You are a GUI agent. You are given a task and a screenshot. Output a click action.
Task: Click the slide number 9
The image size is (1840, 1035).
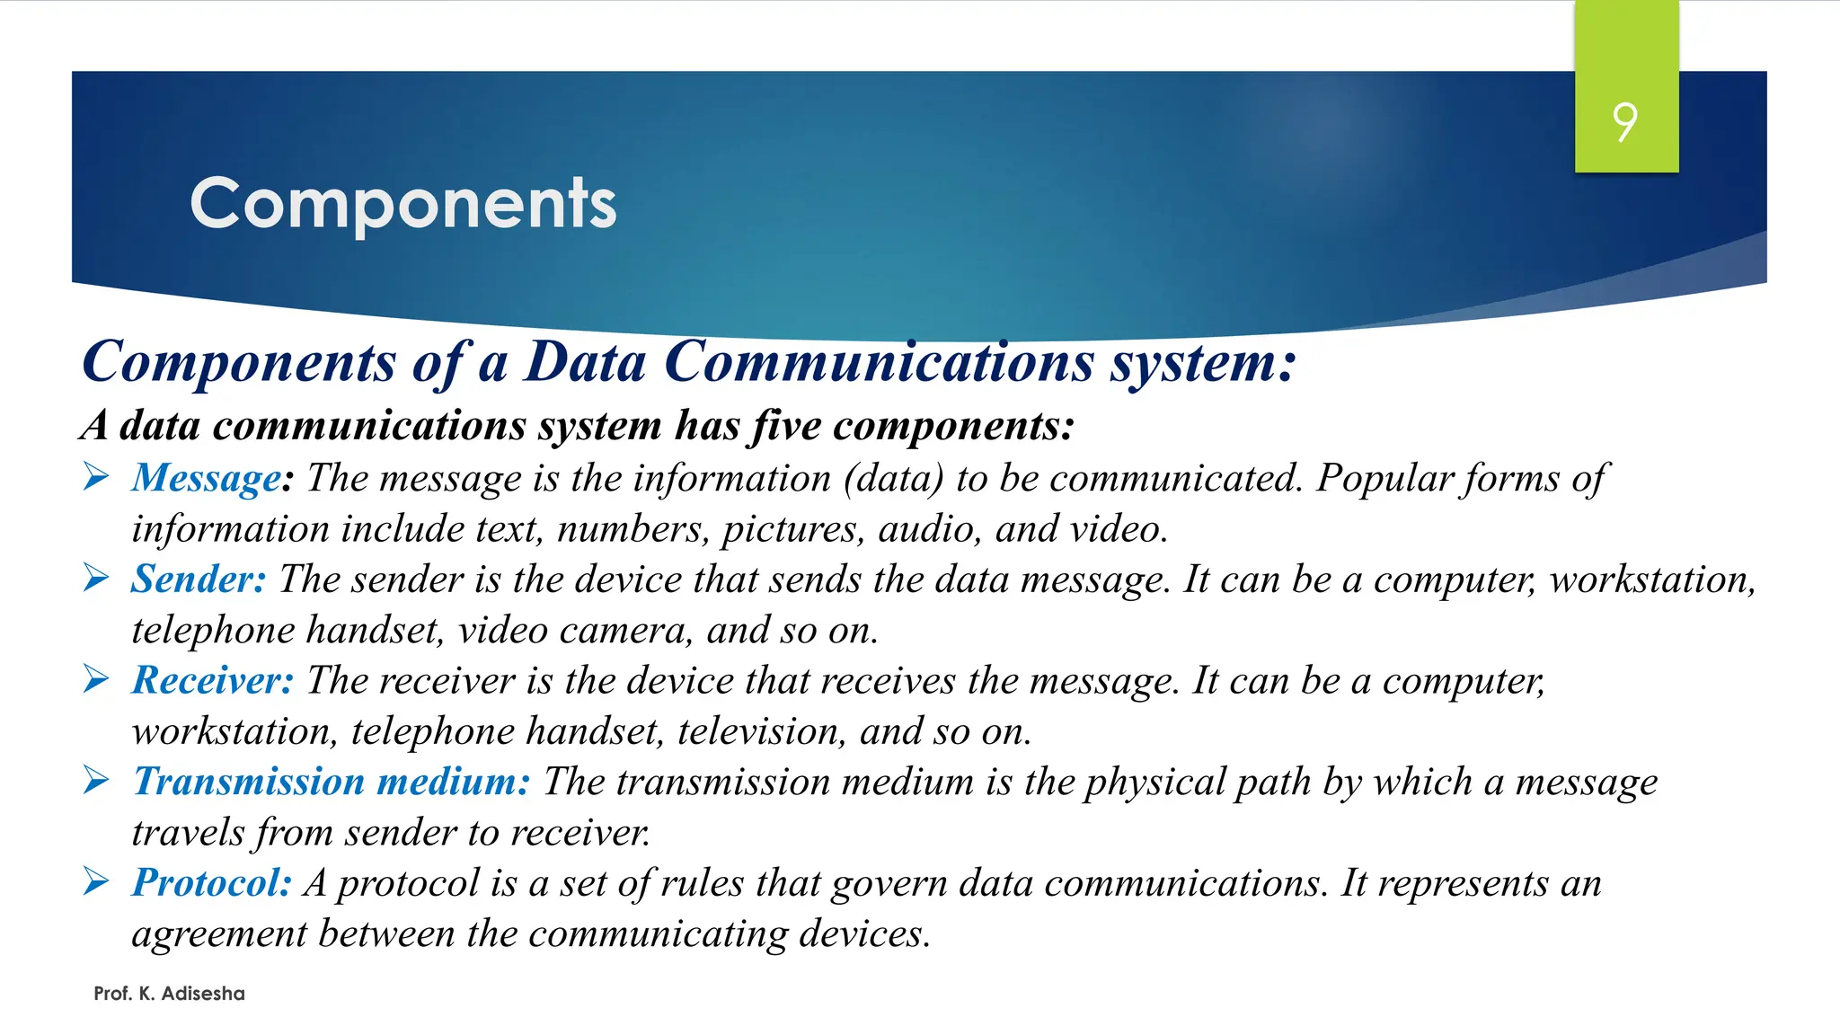tap(1624, 122)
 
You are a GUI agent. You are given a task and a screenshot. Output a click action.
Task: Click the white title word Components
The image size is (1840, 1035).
tap(403, 204)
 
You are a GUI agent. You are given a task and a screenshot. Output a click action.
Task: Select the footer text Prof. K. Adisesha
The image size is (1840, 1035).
tap(169, 994)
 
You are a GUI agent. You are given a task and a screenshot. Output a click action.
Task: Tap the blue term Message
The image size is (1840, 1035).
tap(207, 478)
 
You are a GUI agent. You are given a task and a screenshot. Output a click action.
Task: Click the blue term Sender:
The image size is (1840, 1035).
tap(199, 579)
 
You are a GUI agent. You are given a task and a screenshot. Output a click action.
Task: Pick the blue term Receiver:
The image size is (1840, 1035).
tap(213, 681)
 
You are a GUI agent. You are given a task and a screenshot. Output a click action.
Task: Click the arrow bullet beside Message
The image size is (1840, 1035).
tap(96, 476)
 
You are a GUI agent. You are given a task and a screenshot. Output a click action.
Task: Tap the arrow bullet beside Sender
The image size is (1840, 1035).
tap(96, 578)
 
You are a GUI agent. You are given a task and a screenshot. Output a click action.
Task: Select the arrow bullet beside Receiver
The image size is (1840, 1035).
tap(96, 679)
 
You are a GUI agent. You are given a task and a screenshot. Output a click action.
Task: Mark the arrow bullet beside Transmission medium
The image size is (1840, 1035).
tap(96, 780)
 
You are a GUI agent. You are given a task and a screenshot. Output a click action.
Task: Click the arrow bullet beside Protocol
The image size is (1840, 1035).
tap(96, 881)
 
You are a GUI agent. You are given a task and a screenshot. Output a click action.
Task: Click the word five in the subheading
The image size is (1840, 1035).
tap(784, 425)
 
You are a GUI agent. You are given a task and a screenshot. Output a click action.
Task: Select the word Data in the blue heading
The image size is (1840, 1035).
tap(585, 362)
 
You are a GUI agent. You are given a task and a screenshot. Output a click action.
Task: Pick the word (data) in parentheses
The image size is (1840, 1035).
tap(893, 478)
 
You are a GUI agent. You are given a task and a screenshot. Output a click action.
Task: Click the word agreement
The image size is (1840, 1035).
tap(219, 934)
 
